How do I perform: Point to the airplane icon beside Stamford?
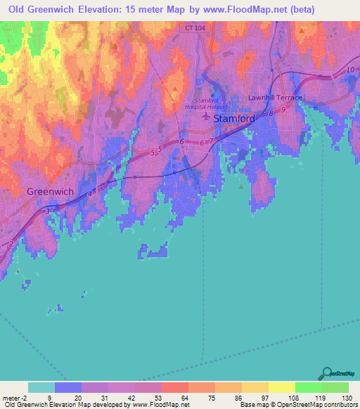point(206,118)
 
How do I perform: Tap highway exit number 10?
point(349,70)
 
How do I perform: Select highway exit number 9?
point(283,110)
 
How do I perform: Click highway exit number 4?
point(89,194)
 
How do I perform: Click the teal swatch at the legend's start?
point(41,387)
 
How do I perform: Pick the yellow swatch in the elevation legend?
point(281,387)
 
